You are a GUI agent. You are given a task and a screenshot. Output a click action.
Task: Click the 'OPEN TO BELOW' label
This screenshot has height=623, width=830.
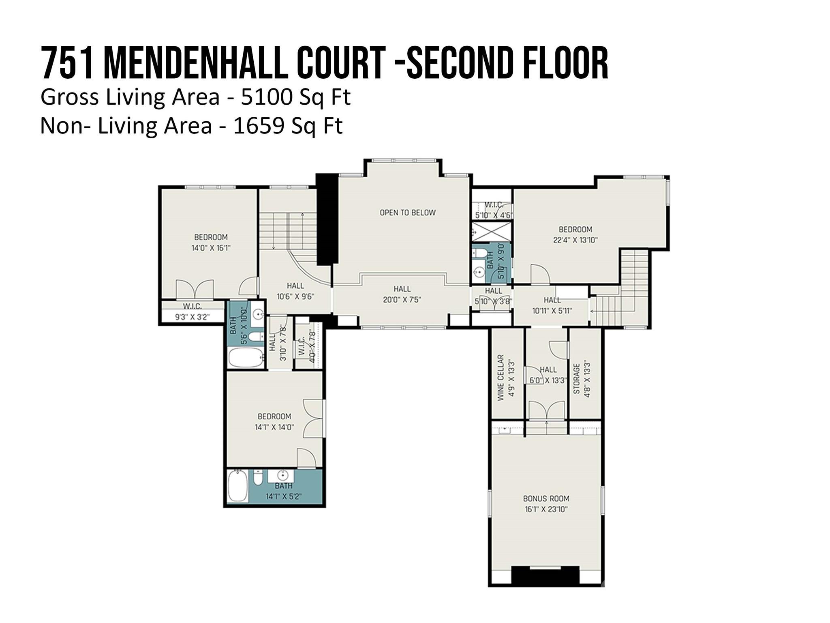[407, 213]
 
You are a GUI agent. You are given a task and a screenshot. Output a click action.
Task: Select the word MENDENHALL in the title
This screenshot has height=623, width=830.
[196, 64]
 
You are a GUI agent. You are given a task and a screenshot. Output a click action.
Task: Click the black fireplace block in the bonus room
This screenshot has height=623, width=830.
[545, 575]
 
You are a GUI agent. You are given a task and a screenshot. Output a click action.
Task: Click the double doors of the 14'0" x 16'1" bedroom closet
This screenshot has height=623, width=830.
[195, 289]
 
